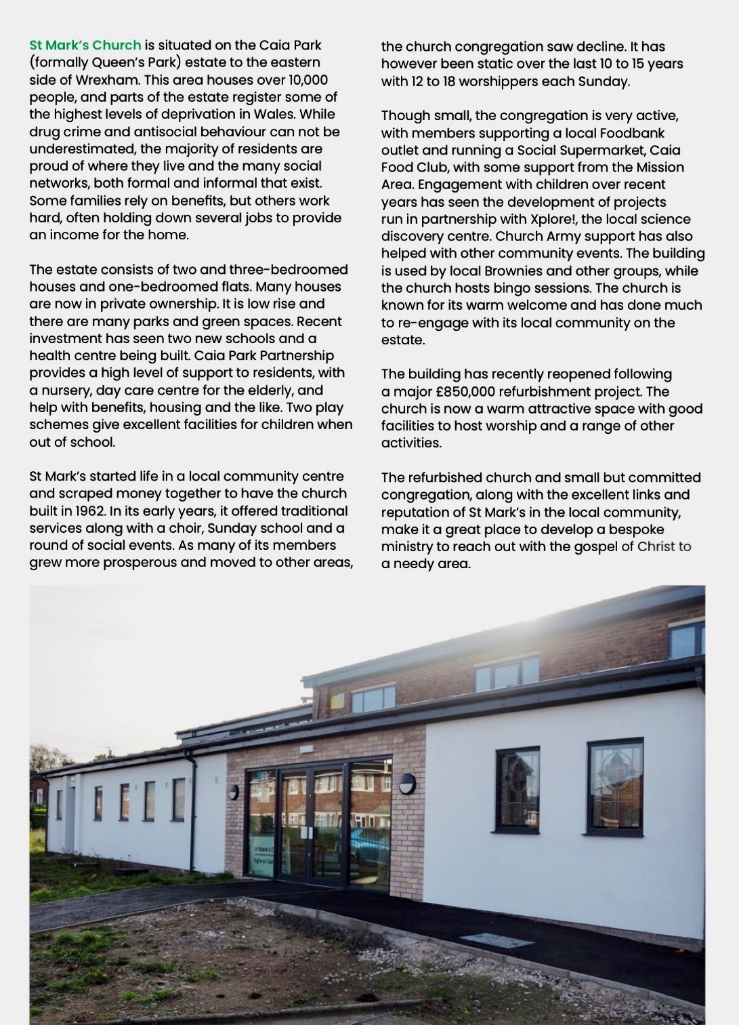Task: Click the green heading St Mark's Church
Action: point(85,45)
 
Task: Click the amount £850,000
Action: point(471,392)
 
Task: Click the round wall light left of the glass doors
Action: point(233,791)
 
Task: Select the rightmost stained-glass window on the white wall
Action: point(615,786)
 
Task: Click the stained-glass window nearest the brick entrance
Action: point(518,789)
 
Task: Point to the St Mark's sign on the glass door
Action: point(263,853)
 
